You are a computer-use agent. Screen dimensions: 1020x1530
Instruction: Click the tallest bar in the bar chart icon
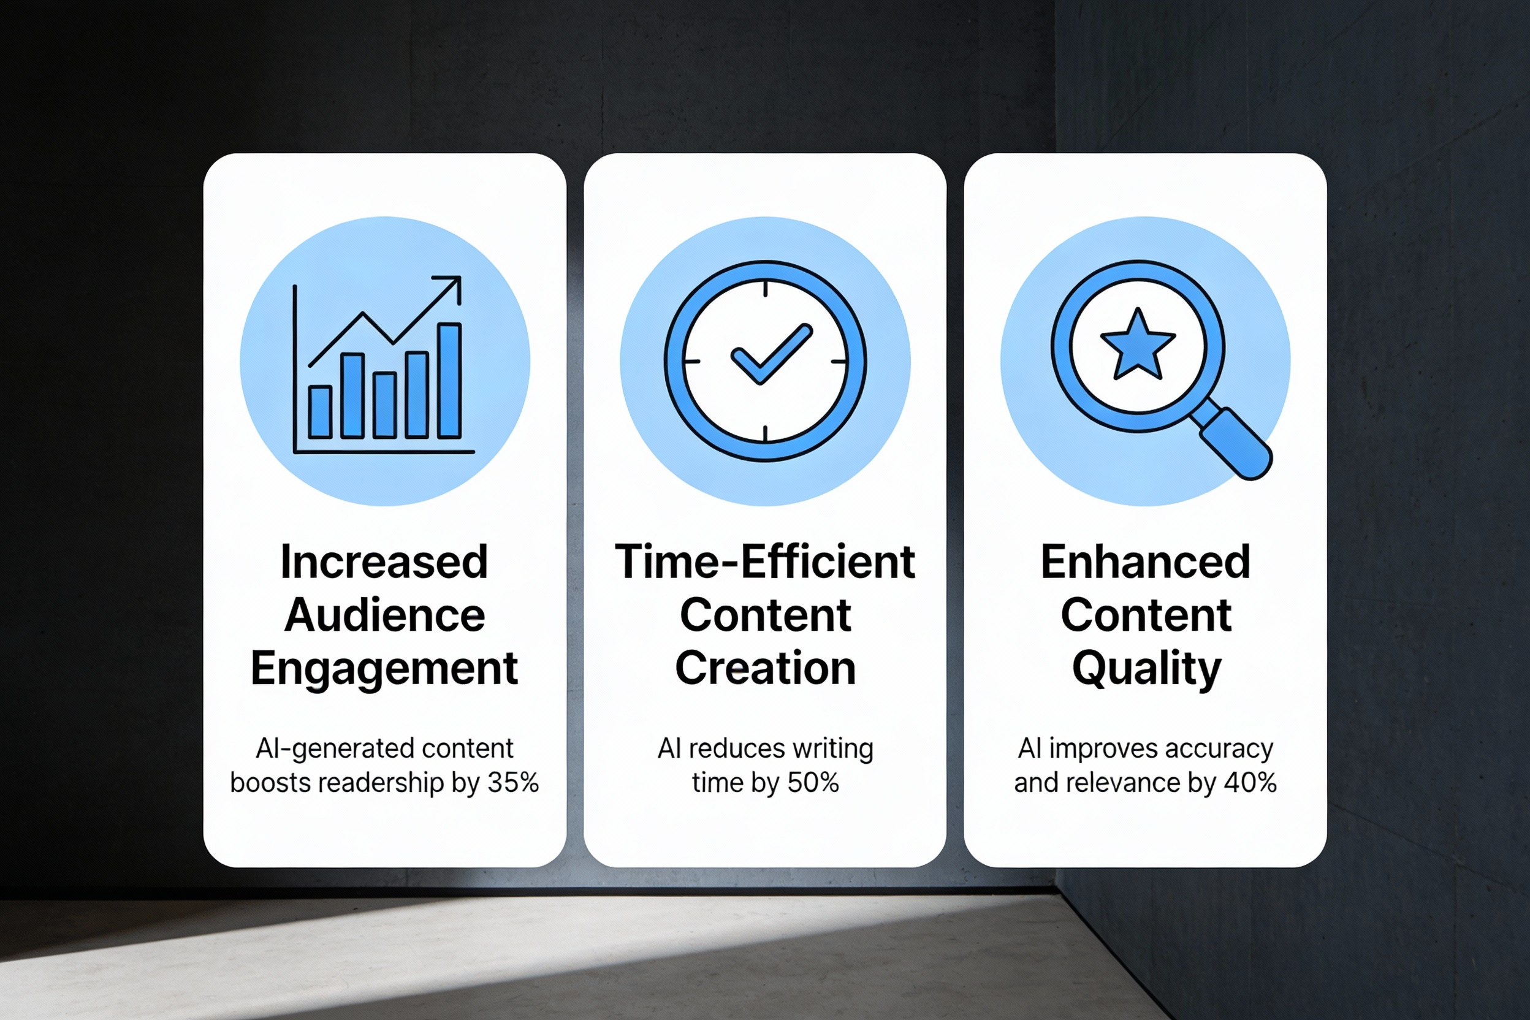pyautogui.click(x=449, y=381)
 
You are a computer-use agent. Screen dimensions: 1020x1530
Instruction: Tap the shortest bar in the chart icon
pyautogui.click(x=320, y=412)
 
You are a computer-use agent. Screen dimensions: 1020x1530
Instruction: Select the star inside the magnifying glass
pyautogui.click(x=1138, y=344)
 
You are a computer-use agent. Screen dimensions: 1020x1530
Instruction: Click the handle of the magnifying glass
pyautogui.click(x=1235, y=445)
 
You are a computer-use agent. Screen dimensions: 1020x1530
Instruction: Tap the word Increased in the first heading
pyautogui.click(x=384, y=562)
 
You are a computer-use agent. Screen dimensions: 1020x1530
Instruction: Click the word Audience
pyautogui.click(x=384, y=615)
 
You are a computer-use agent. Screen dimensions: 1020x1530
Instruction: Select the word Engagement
pyautogui.click(x=384, y=669)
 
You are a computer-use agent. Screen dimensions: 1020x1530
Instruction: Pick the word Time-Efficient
pyautogui.click(x=765, y=562)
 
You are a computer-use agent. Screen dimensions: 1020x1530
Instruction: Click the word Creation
pyautogui.click(x=765, y=669)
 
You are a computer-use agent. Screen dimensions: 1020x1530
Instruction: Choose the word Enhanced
pyautogui.click(x=1146, y=562)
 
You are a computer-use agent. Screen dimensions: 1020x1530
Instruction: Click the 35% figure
pyautogui.click(x=513, y=783)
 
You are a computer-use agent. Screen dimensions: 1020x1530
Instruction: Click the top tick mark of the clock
pyautogui.click(x=765, y=289)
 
